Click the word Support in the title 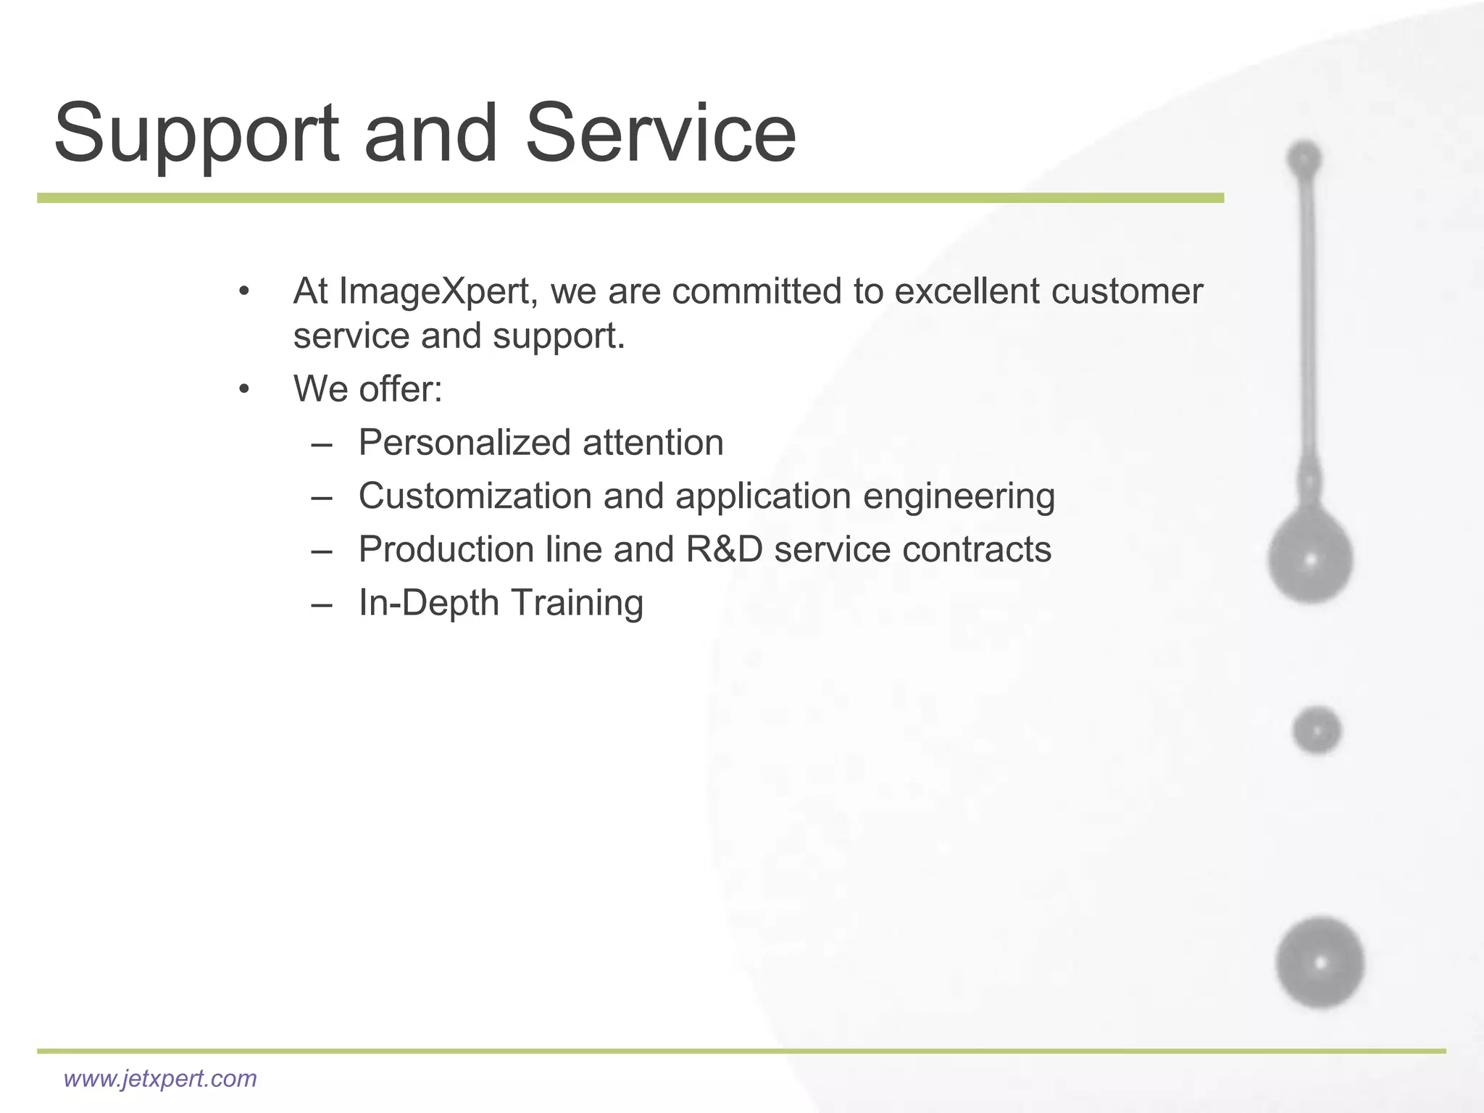196,134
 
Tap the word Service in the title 659,134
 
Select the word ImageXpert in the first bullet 438,292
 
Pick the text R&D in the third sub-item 724,549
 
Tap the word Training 577,604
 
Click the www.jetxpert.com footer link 160,1079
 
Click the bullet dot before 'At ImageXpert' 244,292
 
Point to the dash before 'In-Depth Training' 322,604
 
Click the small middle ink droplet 1316,730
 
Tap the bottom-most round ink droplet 1320,963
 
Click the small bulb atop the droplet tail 1304,159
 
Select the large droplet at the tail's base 1310,558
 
